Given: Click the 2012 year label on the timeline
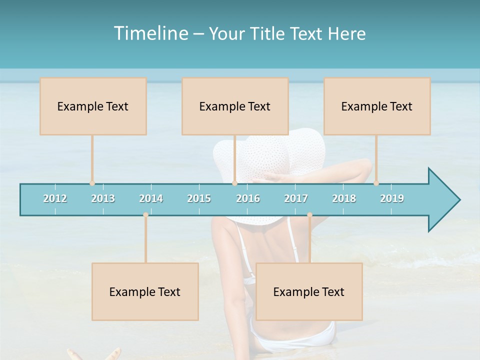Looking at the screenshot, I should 55,198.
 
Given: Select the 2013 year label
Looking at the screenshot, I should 103,198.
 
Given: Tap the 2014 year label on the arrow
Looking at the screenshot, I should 151,198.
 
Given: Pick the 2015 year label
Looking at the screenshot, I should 199,198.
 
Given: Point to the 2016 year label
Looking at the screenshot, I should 248,198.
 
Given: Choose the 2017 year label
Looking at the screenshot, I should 296,198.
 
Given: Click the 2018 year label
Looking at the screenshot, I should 344,198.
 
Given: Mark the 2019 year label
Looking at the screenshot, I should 392,198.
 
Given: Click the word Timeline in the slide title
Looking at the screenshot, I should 150,33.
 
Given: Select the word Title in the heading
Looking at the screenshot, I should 268,33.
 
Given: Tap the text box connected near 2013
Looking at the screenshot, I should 93,106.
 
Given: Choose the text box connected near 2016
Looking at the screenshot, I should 235,106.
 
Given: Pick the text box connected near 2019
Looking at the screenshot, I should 377,106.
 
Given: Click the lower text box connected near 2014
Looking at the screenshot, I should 145,291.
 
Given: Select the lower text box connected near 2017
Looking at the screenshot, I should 309,291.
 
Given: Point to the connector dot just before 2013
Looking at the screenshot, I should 92,183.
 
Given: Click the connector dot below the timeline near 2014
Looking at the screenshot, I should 145,215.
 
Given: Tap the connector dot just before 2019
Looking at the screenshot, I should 376,183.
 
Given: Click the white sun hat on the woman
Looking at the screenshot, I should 270,150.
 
